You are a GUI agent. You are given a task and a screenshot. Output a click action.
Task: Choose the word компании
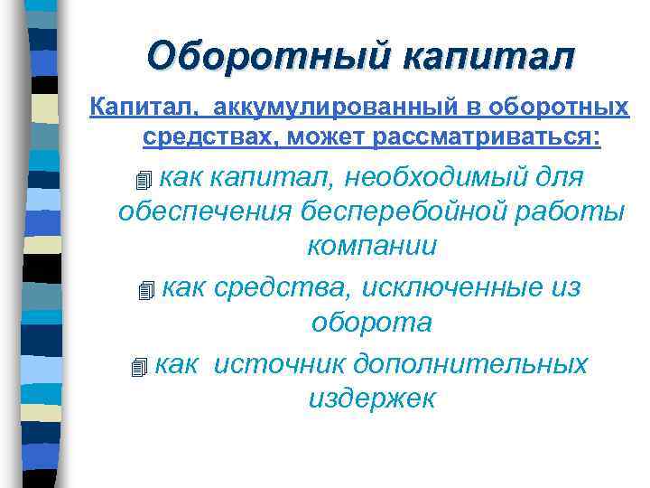372,246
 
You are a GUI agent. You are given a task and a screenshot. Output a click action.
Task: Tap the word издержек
372,399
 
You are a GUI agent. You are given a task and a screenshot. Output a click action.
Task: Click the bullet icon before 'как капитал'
137,179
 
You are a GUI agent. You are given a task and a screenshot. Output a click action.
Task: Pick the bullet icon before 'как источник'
137,368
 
